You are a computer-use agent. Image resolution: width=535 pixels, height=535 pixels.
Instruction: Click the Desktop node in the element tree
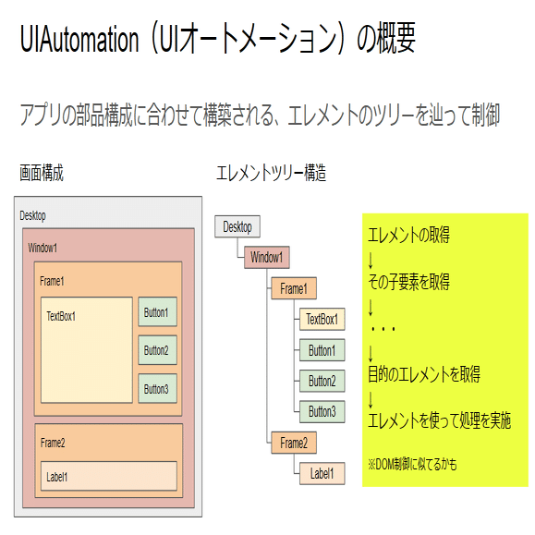(237, 226)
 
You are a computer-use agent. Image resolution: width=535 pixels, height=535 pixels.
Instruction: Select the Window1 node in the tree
(267, 257)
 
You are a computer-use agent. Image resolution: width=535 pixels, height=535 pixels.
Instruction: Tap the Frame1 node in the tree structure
(294, 288)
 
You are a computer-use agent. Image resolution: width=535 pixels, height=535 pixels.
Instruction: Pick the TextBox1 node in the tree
(322, 319)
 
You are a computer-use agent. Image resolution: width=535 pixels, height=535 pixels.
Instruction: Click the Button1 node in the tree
(322, 350)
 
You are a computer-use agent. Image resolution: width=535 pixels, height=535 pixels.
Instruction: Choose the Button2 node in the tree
(322, 381)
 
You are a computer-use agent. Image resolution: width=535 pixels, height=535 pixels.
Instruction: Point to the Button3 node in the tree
(322, 411)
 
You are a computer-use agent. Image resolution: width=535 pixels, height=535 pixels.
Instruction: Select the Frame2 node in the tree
(294, 443)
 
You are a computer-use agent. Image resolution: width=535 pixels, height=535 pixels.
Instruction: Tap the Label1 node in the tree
(322, 474)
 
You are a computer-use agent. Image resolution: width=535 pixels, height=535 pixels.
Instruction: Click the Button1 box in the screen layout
(158, 312)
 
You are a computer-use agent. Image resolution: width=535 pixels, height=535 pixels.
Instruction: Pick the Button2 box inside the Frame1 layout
(158, 350)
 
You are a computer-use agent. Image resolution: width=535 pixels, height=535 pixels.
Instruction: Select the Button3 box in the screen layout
(158, 389)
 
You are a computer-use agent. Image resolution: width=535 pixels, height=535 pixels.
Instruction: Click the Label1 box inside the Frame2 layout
(109, 476)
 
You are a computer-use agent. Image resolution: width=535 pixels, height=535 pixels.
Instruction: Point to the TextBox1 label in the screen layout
(61, 316)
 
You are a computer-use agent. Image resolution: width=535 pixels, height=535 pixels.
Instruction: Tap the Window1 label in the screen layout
(43, 248)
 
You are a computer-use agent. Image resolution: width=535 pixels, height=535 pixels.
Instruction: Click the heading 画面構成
(42, 173)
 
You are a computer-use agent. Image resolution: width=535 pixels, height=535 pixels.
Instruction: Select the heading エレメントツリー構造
(272, 173)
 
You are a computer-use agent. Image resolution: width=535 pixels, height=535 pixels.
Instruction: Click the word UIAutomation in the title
(79, 39)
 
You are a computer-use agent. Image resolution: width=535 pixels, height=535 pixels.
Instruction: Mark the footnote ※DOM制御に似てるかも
(412, 465)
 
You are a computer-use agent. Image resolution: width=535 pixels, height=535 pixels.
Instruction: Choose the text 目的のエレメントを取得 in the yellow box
(424, 374)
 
